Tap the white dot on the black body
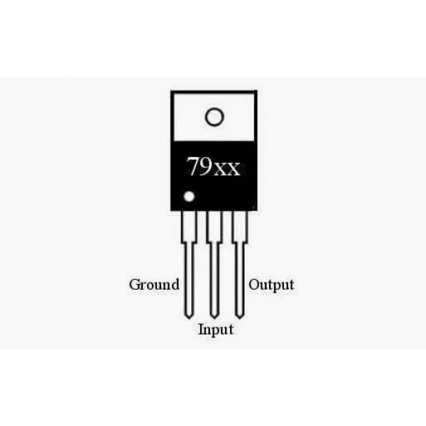pyautogui.click(x=189, y=197)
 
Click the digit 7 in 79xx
pyautogui.click(x=195, y=165)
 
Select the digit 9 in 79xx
pyautogui.click(x=207, y=165)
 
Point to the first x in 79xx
pyautogui.click(x=221, y=169)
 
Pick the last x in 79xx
pyautogui.click(x=234, y=169)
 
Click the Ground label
pyautogui.click(x=154, y=285)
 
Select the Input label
pyautogui.click(x=216, y=330)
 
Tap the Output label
pyautogui.click(x=271, y=285)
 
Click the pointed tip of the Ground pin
pyautogui.click(x=189, y=318)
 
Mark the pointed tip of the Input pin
pyautogui.click(x=214, y=318)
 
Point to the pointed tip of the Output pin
pyautogui.click(x=239, y=318)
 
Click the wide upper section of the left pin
pyautogui.click(x=189, y=226)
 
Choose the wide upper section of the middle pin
pyautogui.click(x=214, y=226)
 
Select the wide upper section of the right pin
pyautogui.click(x=240, y=226)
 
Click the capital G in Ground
pyautogui.click(x=135, y=285)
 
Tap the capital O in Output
pyautogui.click(x=255, y=285)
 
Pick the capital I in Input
pyautogui.click(x=202, y=329)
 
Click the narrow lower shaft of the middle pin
pyautogui.click(x=214, y=280)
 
